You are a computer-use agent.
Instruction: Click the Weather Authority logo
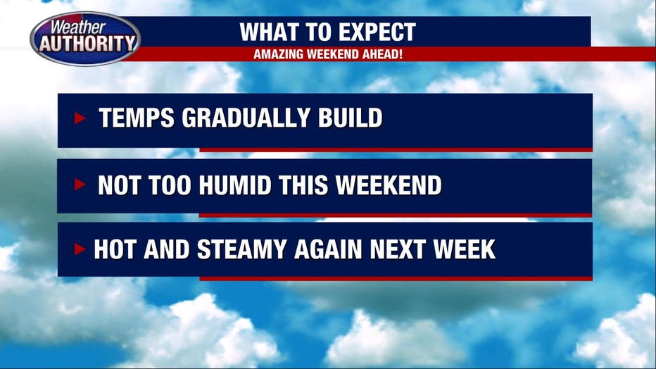point(85,39)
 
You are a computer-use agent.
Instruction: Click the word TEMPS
point(137,118)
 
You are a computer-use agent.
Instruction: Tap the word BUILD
point(351,118)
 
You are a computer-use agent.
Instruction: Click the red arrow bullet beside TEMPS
point(80,118)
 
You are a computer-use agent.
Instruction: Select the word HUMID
point(235,185)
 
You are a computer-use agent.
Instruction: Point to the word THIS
point(303,185)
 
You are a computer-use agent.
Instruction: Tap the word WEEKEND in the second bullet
point(389,185)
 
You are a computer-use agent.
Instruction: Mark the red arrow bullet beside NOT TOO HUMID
point(80,184)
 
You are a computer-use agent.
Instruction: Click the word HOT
point(115,249)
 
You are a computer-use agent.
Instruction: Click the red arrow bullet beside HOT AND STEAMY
point(80,249)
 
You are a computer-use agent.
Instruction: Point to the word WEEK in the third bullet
point(465,249)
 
